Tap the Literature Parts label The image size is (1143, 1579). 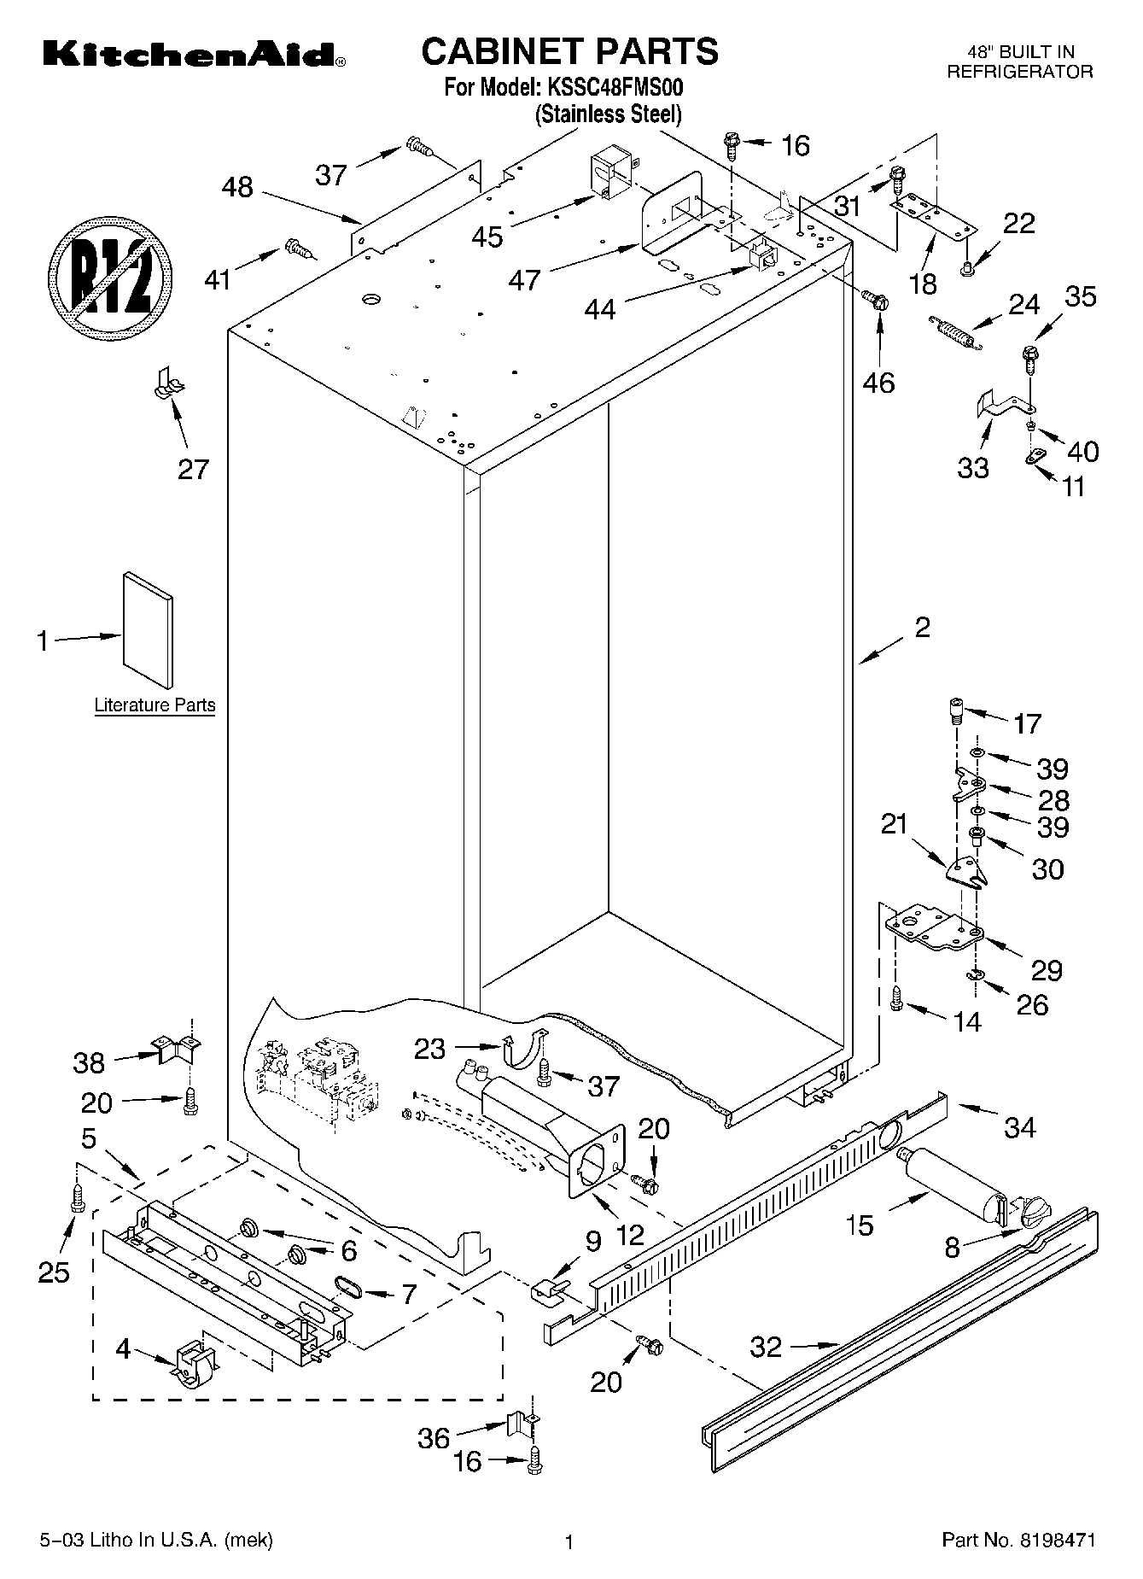(155, 705)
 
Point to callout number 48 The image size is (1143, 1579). (237, 187)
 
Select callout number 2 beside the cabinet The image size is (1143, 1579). (922, 629)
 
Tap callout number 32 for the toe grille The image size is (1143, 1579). (766, 1347)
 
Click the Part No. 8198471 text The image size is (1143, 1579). (1018, 1541)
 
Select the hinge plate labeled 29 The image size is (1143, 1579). (932, 929)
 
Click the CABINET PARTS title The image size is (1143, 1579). (569, 51)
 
